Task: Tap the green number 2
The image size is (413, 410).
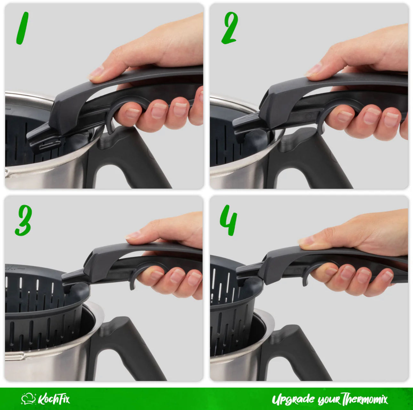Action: tap(230, 29)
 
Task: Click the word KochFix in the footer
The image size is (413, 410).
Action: tap(53, 399)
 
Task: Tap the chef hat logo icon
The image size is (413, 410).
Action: tap(28, 399)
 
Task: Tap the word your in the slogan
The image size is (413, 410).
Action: tap(328, 400)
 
